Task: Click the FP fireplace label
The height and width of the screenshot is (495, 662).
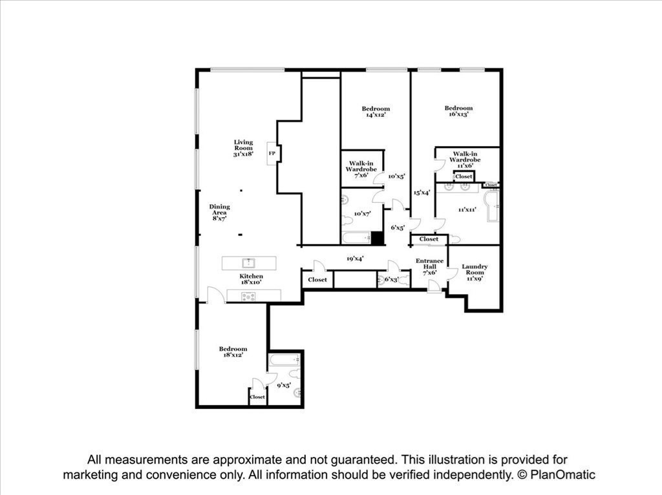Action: [272, 153]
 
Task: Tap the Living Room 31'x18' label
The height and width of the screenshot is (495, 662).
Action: [244, 148]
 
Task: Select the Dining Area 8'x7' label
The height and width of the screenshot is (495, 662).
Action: [219, 213]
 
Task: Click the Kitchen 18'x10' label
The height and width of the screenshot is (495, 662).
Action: [251, 279]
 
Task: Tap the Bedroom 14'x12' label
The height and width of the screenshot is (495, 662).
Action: [376, 112]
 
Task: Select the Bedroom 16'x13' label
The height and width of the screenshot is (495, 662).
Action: [458, 111]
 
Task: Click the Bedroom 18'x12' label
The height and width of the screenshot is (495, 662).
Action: [232, 352]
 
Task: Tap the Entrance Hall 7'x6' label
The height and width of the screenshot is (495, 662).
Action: [430, 266]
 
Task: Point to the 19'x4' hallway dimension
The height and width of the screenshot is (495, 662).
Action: [355, 258]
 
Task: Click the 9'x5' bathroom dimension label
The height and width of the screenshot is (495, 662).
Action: [284, 385]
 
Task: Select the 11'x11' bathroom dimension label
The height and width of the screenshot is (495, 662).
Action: [467, 209]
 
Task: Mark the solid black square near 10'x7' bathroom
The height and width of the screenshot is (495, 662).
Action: [378, 238]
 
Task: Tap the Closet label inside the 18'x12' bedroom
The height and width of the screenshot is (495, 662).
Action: [257, 397]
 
